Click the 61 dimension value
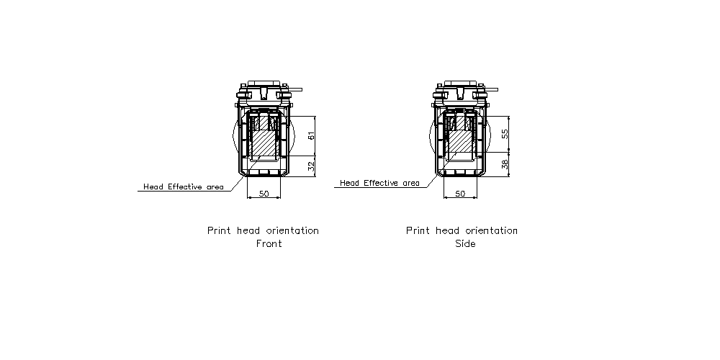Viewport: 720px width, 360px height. [311, 136]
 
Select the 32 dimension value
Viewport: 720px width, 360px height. [311, 167]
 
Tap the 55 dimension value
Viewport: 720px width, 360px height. [505, 134]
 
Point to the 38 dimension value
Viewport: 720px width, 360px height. [505, 164]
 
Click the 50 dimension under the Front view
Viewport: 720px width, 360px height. [264, 194]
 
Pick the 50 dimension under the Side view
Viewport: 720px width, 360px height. [460, 194]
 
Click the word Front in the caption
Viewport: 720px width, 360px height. [269, 243]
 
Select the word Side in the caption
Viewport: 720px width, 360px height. [465, 243]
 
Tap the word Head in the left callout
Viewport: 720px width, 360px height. [153, 187]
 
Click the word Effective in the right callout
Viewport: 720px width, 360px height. [382, 183]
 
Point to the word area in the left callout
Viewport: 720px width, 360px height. [215, 187]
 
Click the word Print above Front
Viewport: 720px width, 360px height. [219, 230]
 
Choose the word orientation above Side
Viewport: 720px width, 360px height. [491, 230]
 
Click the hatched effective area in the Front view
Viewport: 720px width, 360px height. [264, 143]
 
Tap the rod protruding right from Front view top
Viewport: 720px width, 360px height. [296, 89]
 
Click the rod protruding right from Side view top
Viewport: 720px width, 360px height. [492, 89]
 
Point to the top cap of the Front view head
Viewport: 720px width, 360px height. [264, 84]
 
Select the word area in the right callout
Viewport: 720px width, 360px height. [410, 184]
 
